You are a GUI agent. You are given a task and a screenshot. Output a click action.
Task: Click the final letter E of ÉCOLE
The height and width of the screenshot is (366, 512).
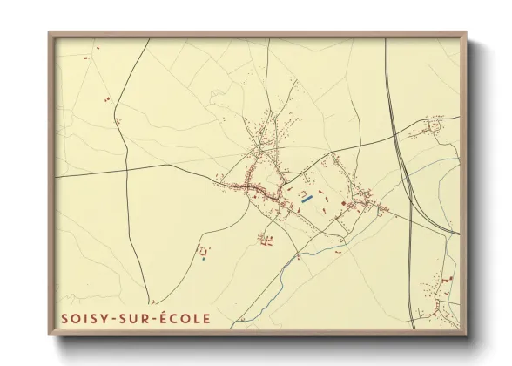pyautogui.click(x=206, y=319)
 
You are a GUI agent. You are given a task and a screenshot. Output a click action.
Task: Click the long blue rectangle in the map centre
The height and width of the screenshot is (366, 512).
pyautogui.click(x=306, y=199)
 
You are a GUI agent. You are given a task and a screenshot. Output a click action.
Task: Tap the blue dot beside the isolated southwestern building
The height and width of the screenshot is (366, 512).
pyautogui.click(x=203, y=258)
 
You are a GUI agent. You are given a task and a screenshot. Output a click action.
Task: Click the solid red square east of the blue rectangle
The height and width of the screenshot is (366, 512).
pyautogui.click(x=344, y=203)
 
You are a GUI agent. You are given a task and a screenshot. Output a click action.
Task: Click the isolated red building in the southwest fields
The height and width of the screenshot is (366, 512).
pyautogui.click(x=205, y=249)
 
